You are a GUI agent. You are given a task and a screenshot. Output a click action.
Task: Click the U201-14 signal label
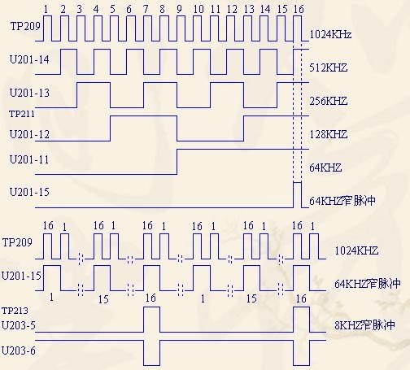pyautogui.click(x=29, y=59)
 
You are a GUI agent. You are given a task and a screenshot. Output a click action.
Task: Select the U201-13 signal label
pyautogui.click(x=29, y=93)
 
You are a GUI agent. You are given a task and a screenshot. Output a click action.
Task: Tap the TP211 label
pyautogui.click(x=22, y=114)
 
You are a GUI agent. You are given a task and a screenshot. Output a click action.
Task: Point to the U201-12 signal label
pyautogui.click(x=29, y=134)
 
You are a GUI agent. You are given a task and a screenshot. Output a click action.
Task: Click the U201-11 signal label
pyautogui.click(x=29, y=159)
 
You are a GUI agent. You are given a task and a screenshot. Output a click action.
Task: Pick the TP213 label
pyautogui.click(x=15, y=311)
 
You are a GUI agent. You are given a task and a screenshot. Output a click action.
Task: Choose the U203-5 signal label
pyautogui.click(x=19, y=325)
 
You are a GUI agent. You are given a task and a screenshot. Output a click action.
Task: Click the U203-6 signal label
pyautogui.click(x=19, y=350)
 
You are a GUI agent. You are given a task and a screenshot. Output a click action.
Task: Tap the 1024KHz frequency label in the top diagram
pyautogui.click(x=330, y=34)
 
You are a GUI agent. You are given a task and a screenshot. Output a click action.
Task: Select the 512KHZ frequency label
pyautogui.click(x=328, y=67)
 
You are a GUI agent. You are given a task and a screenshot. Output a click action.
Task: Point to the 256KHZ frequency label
pyautogui.click(x=328, y=101)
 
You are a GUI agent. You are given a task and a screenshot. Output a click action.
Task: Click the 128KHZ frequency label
pyautogui.click(x=328, y=134)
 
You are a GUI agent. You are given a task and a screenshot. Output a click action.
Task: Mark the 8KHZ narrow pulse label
pyautogui.click(x=364, y=325)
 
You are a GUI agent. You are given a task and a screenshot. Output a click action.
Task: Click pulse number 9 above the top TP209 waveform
pyautogui.click(x=179, y=9)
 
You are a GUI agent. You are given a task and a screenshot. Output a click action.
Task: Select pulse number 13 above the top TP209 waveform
pyautogui.click(x=249, y=9)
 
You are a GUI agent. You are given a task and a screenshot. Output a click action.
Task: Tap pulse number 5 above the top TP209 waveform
pyautogui.click(x=112, y=9)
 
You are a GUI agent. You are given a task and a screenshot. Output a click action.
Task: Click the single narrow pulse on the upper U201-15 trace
pyautogui.click(x=297, y=182)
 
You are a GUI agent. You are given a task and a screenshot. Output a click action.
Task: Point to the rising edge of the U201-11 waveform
pyautogui.click(x=177, y=162)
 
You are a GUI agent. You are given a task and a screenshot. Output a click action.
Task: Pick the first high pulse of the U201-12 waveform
pyautogui.click(x=144, y=116)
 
